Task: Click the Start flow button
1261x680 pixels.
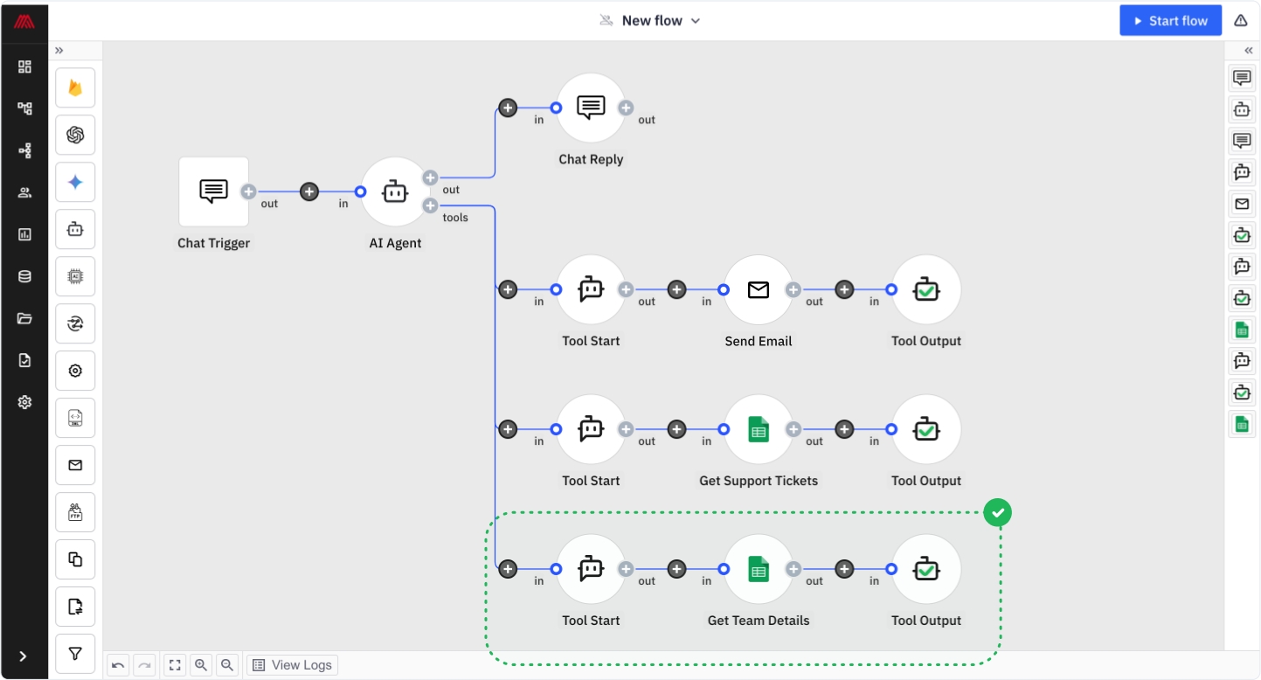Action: pos(1170,21)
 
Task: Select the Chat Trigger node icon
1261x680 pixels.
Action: pos(213,191)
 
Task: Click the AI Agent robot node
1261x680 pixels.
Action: pos(395,192)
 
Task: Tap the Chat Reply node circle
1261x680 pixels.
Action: pos(591,108)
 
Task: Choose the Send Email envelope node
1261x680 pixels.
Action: pos(759,290)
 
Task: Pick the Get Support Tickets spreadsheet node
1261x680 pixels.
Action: pos(759,429)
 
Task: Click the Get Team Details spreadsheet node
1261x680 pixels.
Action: pos(759,569)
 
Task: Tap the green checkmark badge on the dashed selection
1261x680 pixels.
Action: pos(998,513)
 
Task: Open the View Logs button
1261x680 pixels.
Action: pos(293,665)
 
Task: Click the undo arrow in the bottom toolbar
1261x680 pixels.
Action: pos(118,665)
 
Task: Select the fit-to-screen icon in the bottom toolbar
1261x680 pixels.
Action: pos(175,665)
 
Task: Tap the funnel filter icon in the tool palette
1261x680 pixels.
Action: pos(75,654)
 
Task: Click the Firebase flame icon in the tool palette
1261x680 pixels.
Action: pos(75,87)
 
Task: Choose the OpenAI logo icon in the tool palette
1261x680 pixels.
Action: pos(75,135)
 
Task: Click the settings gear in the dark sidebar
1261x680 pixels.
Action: pos(24,402)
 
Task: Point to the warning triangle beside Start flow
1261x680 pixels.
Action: pos(1241,21)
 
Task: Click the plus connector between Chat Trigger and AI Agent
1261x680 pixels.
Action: pos(309,192)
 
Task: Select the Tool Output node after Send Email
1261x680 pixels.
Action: pos(926,290)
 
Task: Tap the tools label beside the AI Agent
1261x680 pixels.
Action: pos(455,218)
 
